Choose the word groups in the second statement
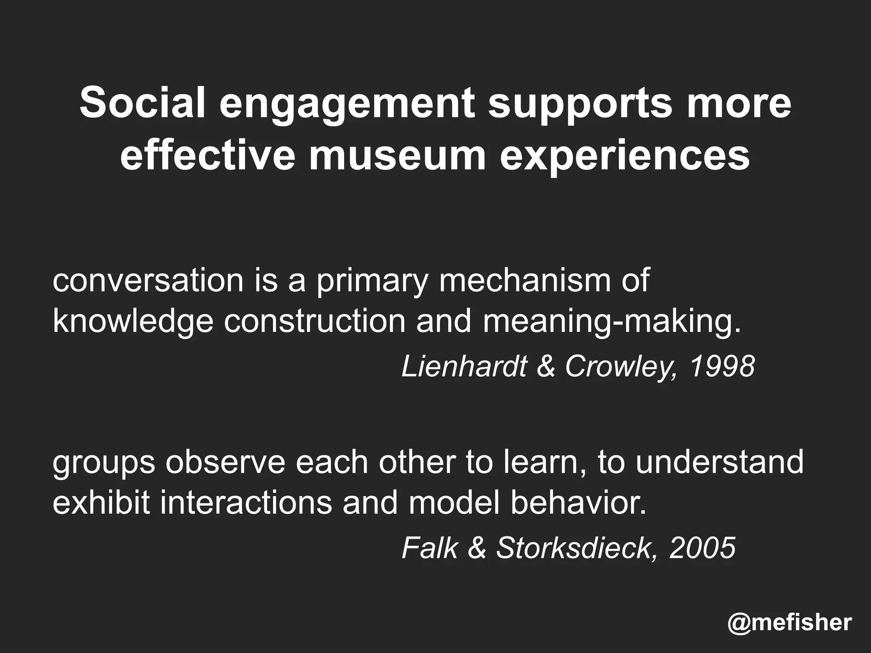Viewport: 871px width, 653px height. point(104,463)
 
